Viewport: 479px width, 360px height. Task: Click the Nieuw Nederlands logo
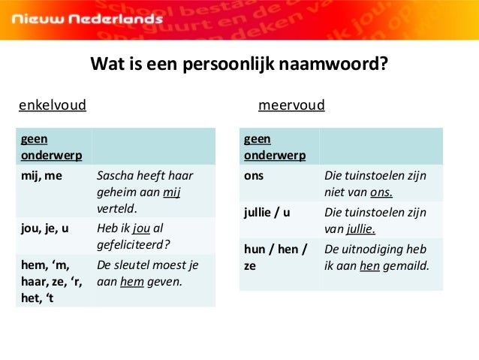83,18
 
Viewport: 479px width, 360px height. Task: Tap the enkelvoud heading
53,104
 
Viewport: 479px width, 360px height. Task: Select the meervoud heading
291,104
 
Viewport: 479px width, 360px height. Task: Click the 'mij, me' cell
41,175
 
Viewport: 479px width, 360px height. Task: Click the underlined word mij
173,192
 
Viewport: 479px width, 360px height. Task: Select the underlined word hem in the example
131,283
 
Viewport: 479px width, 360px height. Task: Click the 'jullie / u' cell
267,212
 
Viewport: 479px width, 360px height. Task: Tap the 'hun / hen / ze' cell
276,256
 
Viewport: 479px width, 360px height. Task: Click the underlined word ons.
381,192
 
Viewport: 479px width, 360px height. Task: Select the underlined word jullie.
360,228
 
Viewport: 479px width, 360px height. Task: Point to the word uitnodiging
372,249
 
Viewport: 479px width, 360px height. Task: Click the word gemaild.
405,265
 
